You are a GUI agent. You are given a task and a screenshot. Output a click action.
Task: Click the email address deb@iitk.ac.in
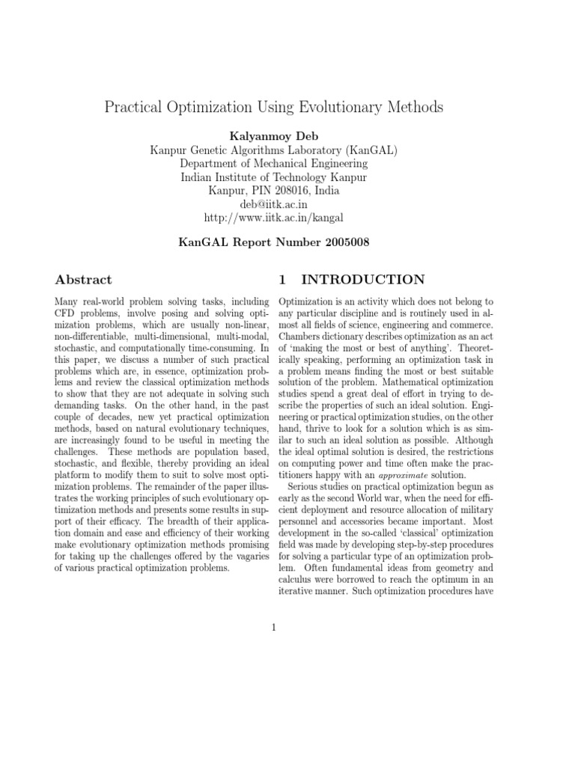click(x=273, y=204)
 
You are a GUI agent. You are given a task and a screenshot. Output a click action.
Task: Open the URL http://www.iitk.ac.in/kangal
click(x=274, y=218)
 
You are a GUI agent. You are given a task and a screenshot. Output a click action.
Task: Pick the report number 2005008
click(x=338, y=242)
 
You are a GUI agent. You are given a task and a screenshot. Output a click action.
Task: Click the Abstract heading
click(x=83, y=280)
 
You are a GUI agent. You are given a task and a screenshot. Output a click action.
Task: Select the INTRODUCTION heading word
click(x=362, y=280)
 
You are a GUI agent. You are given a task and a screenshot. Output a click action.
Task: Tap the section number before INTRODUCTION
click(x=282, y=280)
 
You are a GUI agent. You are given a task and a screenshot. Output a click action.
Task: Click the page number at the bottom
click(x=274, y=627)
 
